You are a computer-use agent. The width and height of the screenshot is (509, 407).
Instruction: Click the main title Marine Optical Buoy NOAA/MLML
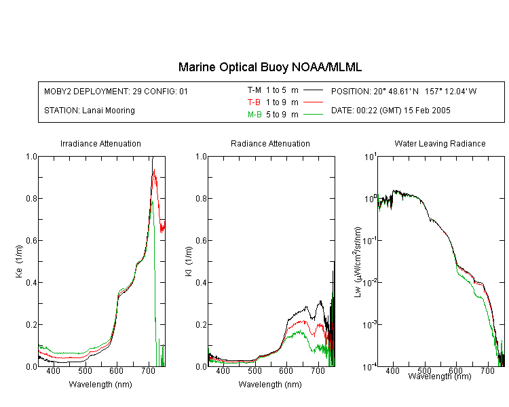[269, 67]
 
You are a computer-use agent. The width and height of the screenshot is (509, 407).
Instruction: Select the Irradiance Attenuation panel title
[100, 143]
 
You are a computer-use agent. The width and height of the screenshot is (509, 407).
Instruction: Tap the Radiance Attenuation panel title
[270, 143]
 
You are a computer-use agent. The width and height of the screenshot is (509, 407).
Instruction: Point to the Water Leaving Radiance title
[440, 143]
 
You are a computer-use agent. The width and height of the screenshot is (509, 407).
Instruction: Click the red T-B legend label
[254, 102]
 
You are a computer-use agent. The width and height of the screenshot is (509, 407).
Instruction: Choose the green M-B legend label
[254, 115]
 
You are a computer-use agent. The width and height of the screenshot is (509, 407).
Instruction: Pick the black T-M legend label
[254, 90]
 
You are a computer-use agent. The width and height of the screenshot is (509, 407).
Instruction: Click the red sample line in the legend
[313, 102]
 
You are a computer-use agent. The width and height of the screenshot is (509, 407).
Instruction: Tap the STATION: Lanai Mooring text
[90, 111]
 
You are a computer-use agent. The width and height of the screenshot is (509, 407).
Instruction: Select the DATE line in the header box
[390, 111]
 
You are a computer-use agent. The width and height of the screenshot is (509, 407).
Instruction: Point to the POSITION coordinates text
[404, 91]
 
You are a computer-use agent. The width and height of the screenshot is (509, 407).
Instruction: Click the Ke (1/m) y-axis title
[19, 261]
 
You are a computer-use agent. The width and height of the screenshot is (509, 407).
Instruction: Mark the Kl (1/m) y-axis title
[189, 261]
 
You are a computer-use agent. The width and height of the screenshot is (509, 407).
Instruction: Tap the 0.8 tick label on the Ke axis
[31, 198]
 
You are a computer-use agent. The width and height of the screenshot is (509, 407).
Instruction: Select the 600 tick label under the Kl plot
[286, 370]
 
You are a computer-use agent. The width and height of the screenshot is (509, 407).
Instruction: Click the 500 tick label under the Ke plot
[85, 370]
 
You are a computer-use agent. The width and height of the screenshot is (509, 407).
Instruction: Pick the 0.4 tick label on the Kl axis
[202, 282]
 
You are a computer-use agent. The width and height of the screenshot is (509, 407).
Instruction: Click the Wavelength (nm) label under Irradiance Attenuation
[100, 385]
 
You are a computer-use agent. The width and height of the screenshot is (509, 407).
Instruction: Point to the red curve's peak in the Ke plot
[154, 169]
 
